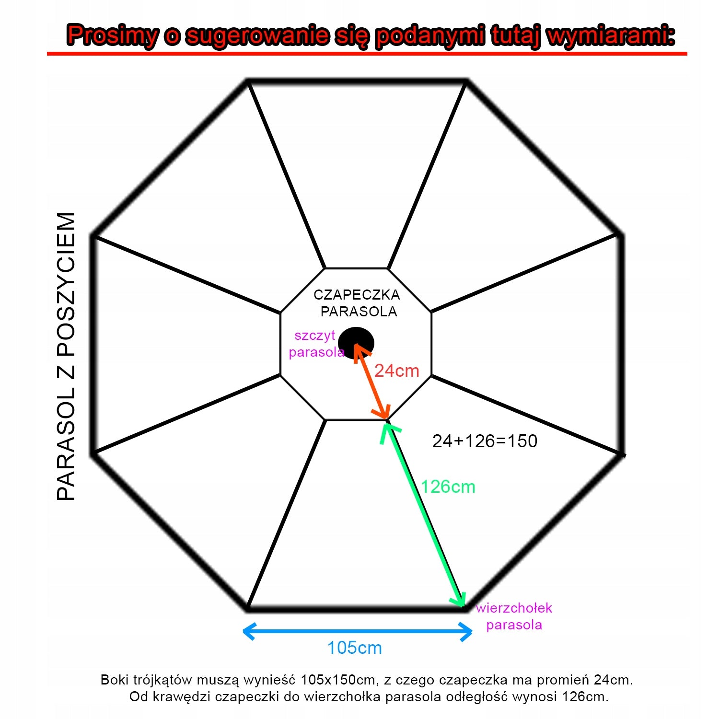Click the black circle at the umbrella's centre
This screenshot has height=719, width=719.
pyautogui.click(x=356, y=343)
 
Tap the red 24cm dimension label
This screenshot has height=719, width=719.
pyautogui.click(x=396, y=371)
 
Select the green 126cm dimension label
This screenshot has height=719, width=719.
pyautogui.click(x=448, y=487)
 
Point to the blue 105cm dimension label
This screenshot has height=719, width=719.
pyautogui.click(x=355, y=648)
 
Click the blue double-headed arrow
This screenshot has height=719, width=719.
pyautogui.click(x=358, y=631)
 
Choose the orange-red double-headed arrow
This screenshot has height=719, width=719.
pyautogui.click(x=371, y=381)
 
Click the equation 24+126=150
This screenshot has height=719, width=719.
pyautogui.click(x=485, y=441)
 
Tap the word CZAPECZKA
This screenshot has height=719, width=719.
pyautogui.click(x=357, y=294)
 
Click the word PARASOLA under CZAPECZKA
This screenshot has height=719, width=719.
pyautogui.click(x=359, y=312)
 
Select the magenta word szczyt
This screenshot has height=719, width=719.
pyautogui.click(x=314, y=336)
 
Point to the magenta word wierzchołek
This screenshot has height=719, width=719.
pyautogui.click(x=514, y=608)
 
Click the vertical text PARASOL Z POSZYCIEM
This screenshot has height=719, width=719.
pyautogui.click(x=66, y=356)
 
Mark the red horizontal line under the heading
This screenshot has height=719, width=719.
pyautogui.click(x=367, y=54)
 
